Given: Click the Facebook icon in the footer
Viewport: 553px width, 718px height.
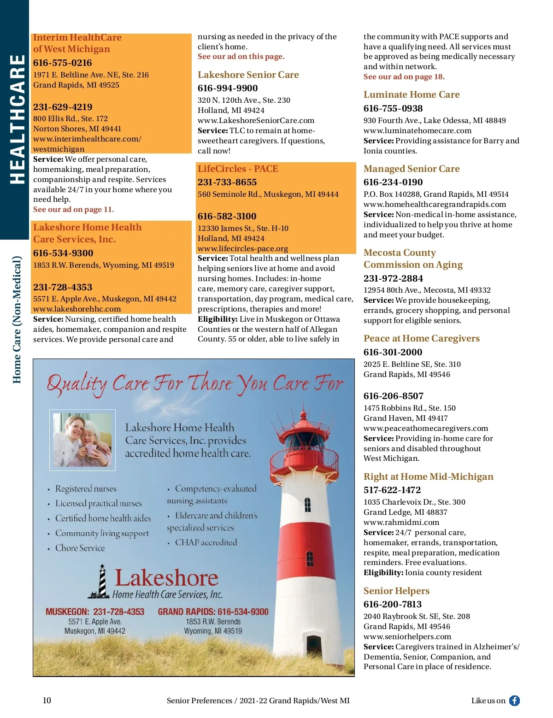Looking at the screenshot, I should coord(514,700).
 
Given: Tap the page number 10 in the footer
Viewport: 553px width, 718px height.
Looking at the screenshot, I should coord(47,700).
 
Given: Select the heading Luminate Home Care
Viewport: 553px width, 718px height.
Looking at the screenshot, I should coord(412,94).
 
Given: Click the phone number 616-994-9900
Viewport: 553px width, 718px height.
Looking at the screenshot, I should coord(228,88).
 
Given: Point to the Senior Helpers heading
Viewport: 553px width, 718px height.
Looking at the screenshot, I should coord(396,591).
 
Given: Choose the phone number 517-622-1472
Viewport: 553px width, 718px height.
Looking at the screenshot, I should coord(392,490).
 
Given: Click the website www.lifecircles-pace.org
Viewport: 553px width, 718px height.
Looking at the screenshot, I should coord(243,248).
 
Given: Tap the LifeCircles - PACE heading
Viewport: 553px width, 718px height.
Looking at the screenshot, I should coord(238,169).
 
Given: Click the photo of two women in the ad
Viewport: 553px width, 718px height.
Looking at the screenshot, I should coord(82,440).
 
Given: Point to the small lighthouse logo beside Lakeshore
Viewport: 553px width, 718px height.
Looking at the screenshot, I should coord(100,582).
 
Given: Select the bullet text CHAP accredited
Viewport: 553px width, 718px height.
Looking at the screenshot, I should coord(206,542).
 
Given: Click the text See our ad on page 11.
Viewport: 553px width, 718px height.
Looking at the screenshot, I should coord(74,209).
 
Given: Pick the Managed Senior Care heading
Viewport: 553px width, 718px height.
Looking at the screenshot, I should coord(412,169).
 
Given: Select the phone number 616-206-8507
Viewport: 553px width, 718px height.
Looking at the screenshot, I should coord(394,396).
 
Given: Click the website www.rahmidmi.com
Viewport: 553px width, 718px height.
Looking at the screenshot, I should coord(401,522).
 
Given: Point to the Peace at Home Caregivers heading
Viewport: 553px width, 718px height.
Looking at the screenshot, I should coord(422,338).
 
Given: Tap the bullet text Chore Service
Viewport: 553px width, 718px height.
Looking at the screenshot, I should coord(80,548).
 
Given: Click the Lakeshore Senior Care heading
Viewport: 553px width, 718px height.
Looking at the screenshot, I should coord(248,75).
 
